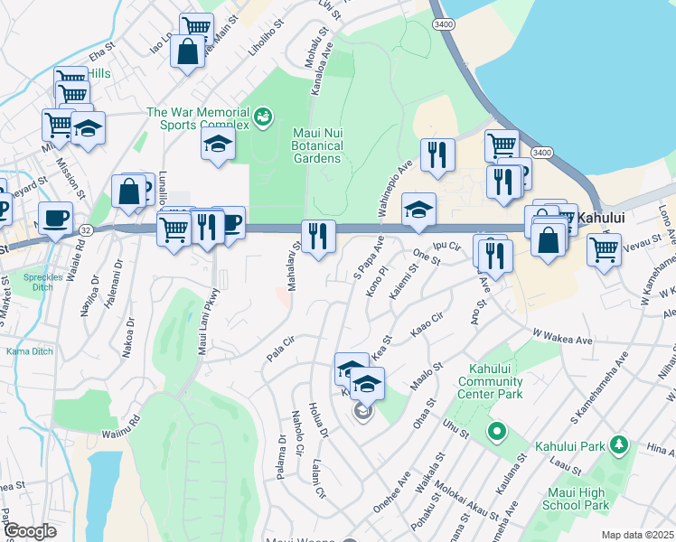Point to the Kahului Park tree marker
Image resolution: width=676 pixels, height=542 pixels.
[x=619, y=444]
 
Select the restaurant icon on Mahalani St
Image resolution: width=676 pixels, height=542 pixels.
[x=318, y=237]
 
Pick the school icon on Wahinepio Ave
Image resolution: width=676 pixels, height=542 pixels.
[x=418, y=210]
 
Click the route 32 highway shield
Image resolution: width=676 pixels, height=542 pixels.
[x=85, y=230]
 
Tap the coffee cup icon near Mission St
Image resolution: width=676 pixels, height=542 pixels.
[x=55, y=217]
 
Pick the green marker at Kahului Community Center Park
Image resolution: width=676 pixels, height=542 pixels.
[x=494, y=432]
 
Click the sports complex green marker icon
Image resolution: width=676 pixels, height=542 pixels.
[x=262, y=115]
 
